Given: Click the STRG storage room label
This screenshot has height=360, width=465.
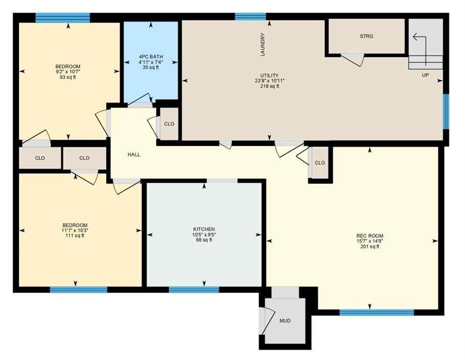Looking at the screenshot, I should coord(367,36).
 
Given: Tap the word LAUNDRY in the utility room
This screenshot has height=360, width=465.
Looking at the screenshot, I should coord(263,45).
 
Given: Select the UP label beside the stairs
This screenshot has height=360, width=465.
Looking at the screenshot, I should coord(425,75).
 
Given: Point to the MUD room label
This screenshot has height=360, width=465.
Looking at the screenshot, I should coord(285,321).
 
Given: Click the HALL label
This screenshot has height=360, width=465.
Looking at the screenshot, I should coord(134,154).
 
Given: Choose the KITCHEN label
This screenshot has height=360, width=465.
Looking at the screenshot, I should coord(204,229).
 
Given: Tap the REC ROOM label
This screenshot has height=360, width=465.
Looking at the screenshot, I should coord(369,236).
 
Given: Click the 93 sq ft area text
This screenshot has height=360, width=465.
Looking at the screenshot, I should coord(68,77).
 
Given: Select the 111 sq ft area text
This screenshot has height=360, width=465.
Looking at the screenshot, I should coord(75,236).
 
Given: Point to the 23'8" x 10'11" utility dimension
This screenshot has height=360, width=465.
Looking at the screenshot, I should coord(269,81).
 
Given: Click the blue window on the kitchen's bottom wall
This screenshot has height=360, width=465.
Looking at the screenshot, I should coord(194,290).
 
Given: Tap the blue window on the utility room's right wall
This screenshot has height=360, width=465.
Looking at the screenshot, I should coord(446,111).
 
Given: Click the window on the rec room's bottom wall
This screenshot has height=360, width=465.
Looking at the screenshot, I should coord(376,313).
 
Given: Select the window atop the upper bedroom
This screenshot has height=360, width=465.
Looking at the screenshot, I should coord(62,18).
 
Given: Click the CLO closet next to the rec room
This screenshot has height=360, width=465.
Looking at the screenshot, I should coord(320,163).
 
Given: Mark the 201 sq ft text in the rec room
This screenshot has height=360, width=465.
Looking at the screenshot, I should coord(369,247).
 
